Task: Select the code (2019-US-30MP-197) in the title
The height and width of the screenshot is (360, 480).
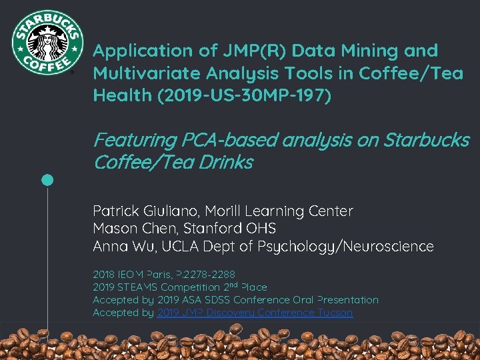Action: tap(244, 95)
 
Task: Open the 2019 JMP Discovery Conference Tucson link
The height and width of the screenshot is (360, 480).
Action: tap(255, 312)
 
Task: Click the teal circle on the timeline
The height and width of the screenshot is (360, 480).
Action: tap(47, 180)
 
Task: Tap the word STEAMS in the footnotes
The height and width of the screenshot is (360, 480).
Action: tap(142, 287)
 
